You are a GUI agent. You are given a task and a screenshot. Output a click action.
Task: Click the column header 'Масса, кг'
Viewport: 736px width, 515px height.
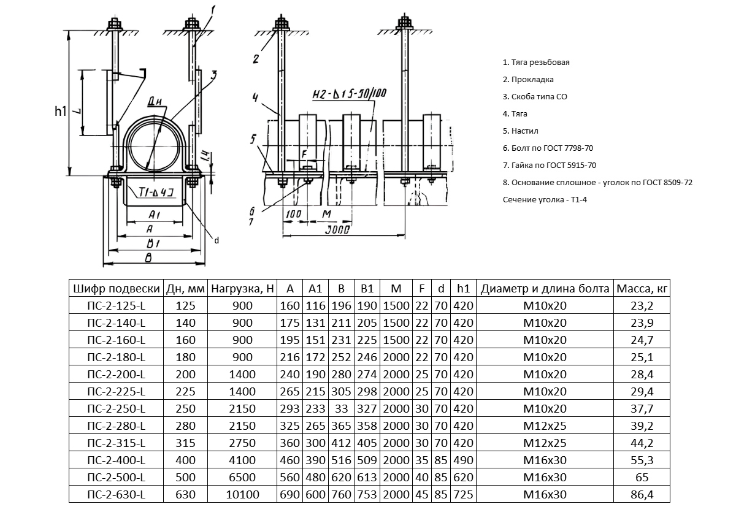coord(641,289)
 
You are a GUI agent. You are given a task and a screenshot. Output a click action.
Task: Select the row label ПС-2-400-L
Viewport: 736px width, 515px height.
coord(117,460)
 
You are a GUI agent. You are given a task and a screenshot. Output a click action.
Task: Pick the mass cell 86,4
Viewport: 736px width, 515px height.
coord(641,495)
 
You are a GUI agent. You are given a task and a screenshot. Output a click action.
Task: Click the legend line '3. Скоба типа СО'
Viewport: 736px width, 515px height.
coord(531,97)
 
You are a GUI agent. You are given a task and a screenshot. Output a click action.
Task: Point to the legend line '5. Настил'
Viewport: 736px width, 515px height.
coord(521,131)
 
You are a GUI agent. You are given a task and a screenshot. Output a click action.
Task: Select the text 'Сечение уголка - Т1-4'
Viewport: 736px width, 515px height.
coord(542,200)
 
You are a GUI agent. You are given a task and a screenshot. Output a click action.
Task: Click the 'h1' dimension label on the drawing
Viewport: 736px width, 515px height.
coord(60,112)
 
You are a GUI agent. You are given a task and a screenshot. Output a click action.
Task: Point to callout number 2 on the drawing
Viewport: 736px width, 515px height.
coord(256,59)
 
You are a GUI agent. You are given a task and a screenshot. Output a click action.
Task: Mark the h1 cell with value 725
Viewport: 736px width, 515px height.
coord(462,495)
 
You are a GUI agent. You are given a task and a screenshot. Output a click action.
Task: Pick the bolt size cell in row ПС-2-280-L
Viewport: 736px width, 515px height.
coord(544,426)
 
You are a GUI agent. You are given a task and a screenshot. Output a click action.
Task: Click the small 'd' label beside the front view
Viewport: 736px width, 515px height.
coord(216,240)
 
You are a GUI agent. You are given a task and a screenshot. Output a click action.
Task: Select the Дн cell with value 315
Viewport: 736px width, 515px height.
coord(185,443)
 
